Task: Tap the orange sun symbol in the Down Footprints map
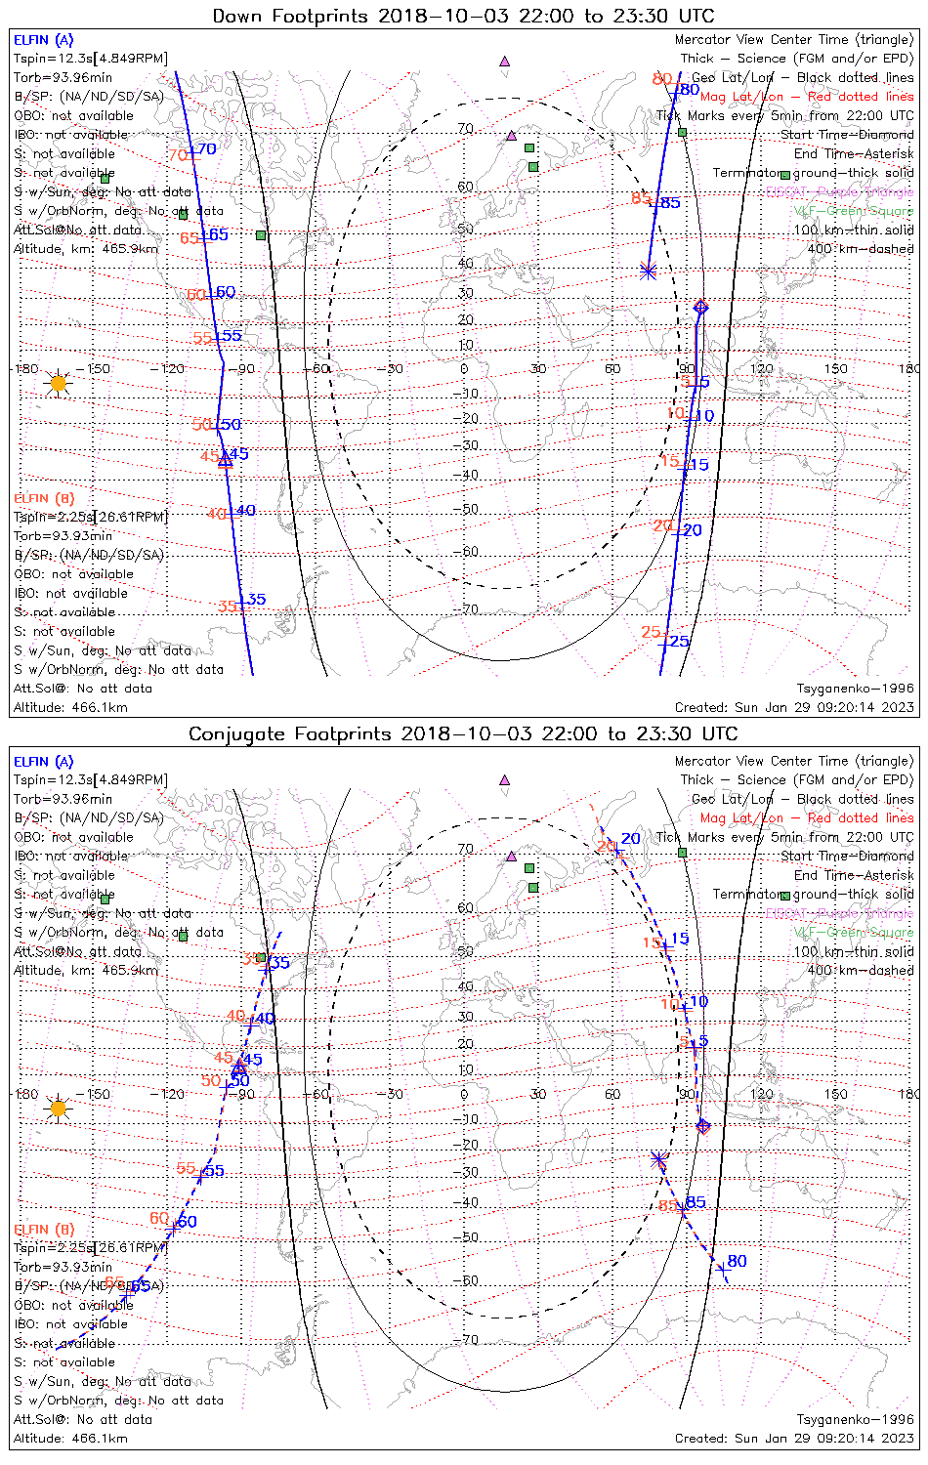click(x=58, y=383)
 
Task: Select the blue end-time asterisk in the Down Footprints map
click(x=648, y=271)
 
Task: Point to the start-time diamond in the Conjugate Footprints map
click(x=702, y=1126)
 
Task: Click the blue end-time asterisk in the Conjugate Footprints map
click(x=658, y=1159)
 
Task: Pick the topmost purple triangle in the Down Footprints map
click(x=504, y=61)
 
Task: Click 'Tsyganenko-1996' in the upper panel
click(x=855, y=689)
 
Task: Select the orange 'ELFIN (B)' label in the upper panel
click(x=44, y=498)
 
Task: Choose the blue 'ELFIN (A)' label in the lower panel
click(x=44, y=762)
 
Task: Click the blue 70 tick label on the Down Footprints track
click(x=207, y=149)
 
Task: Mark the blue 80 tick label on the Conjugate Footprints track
click(x=737, y=1261)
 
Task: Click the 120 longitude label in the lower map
click(x=761, y=1094)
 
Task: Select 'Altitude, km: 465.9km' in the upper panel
click(x=86, y=249)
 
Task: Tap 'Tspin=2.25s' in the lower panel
click(x=51, y=1247)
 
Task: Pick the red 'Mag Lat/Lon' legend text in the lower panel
click(x=741, y=818)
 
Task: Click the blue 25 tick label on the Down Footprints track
click(x=679, y=642)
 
